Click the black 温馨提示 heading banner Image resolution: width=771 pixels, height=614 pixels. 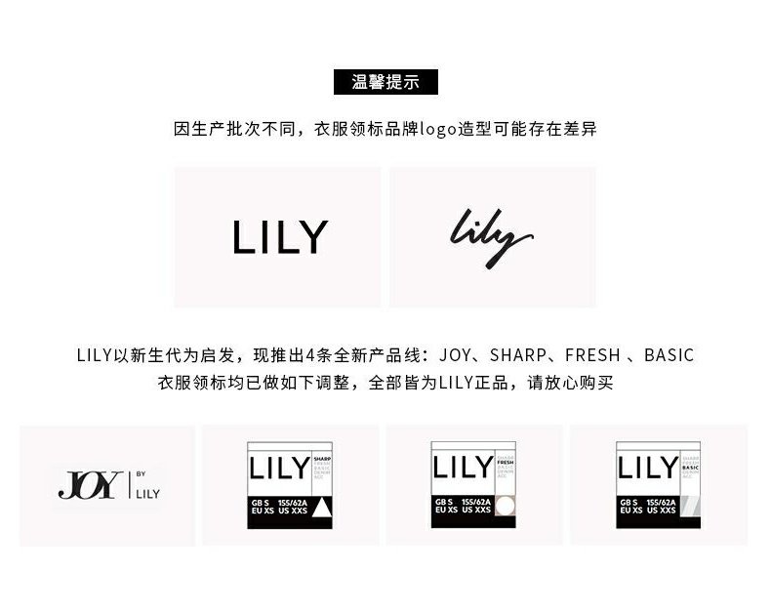pos(385,82)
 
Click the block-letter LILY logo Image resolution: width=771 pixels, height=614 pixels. pos(279,237)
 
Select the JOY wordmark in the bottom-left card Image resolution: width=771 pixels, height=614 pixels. pos(90,485)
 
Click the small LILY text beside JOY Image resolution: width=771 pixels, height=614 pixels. pos(148,493)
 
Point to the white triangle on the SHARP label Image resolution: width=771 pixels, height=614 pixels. pos(322,506)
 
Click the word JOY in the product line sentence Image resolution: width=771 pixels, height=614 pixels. pos(457,355)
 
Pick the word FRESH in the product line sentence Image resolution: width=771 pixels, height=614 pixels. pos(593,355)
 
